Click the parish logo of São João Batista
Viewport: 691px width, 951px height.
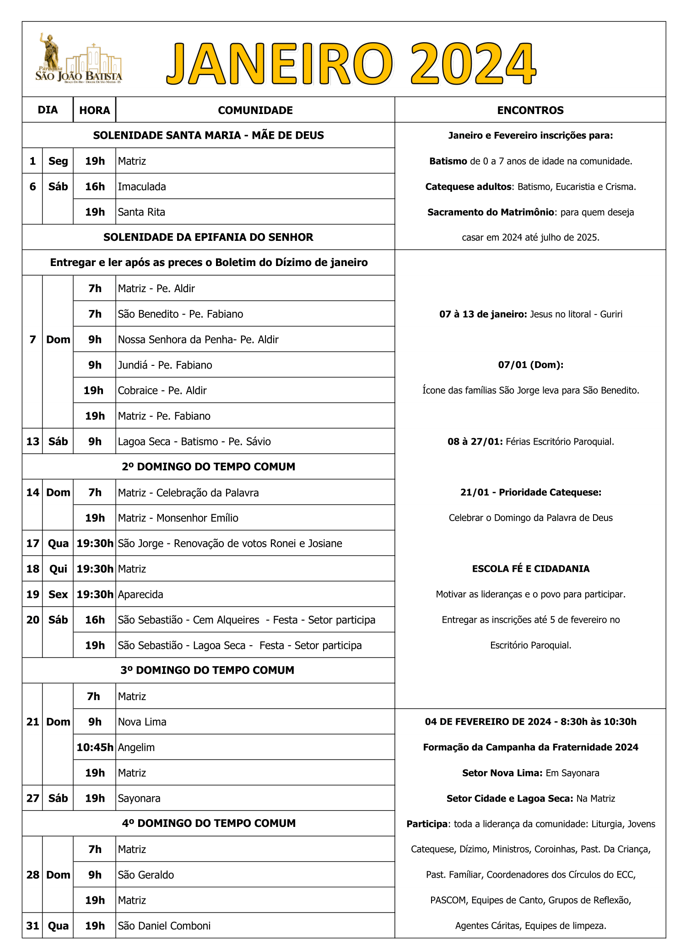(79, 59)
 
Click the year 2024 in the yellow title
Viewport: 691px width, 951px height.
(473, 64)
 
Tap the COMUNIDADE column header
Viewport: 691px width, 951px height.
(255, 110)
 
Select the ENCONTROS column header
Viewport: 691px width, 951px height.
(530, 110)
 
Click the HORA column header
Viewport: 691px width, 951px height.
(94, 110)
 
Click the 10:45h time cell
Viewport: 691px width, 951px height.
(95, 747)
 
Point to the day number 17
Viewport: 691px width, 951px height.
(32, 543)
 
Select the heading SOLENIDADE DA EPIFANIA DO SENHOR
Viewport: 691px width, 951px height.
(208, 237)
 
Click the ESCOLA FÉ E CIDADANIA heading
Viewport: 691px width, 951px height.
(530, 569)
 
